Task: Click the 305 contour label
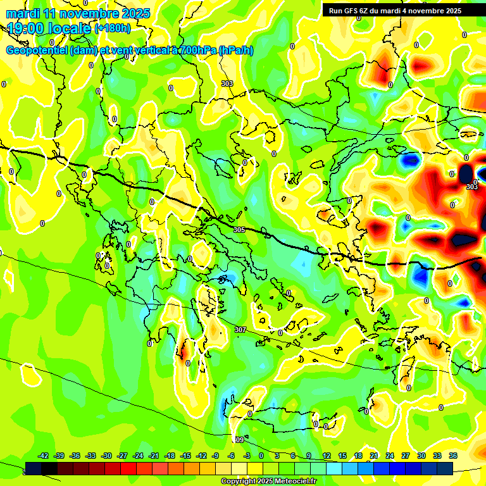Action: pos(239,230)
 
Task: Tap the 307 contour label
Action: pos(240,330)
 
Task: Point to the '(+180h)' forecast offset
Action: pos(113,28)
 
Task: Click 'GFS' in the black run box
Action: pos(354,11)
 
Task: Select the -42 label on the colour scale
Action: pos(44,456)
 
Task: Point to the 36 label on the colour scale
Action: pos(453,456)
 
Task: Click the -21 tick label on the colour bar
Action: pos(154,456)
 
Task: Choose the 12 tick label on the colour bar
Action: pos(327,456)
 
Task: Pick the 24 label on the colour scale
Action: pos(390,456)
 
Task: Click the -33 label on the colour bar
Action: pos(90,456)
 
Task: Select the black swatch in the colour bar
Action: pos(34,468)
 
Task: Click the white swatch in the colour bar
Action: pos(239,468)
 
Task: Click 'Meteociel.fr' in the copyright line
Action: pos(291,482)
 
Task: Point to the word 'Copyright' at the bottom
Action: pos(240,482)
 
